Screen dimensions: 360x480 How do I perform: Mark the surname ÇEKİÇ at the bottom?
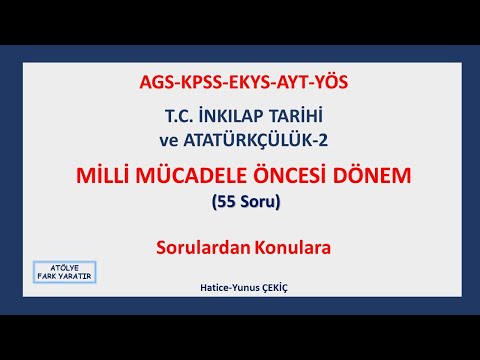pyautogui.click(x=274, y=285)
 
